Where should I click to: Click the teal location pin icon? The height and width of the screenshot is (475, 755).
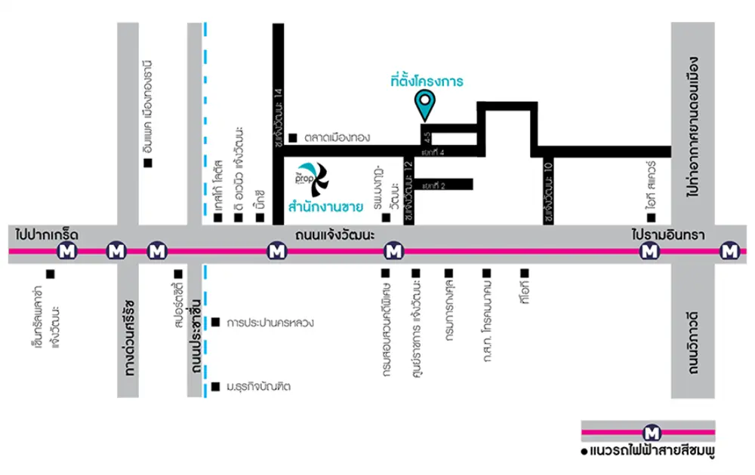point(425,103)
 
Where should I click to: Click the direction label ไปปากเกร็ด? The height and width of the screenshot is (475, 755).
point(46,235)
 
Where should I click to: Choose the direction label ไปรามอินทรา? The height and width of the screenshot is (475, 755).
point(667,235)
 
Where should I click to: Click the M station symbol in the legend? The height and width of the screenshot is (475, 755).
point(650,432)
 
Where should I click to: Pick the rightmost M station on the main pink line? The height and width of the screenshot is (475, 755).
point(729,250)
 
